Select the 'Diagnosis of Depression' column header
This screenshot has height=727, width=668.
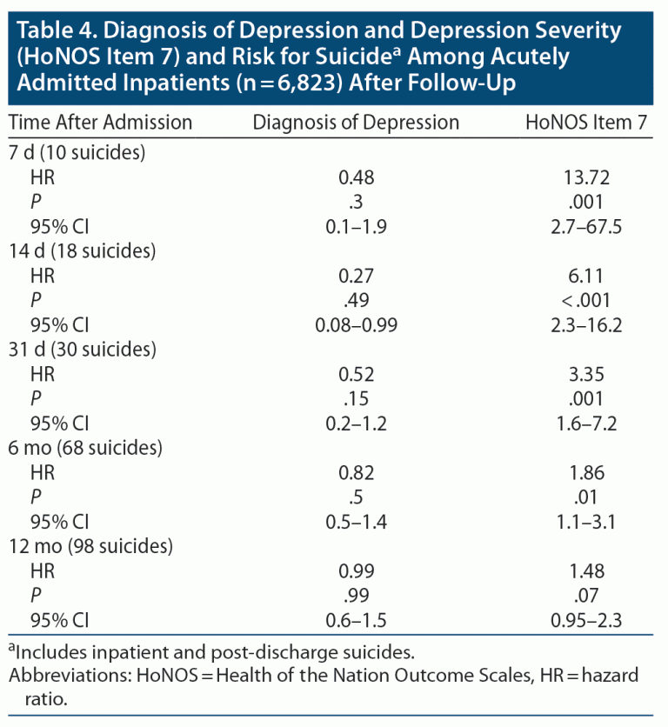(x=356, y=123)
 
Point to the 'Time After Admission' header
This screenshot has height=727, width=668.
(x=101, y=123)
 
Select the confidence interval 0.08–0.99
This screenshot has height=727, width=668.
(x=356, y=325)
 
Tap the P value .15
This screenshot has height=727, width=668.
(x=356, y=400)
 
